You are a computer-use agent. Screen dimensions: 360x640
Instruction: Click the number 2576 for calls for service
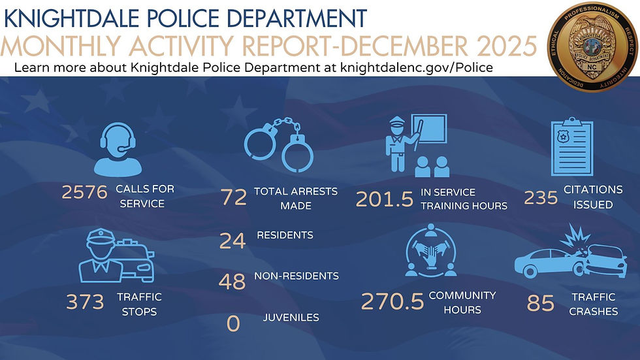coord(84,193)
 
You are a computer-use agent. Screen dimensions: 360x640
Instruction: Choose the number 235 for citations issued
coord(540,197)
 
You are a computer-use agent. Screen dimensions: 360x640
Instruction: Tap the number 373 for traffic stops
coord(85,302)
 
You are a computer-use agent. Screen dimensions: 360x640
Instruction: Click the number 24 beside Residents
coord(232,241)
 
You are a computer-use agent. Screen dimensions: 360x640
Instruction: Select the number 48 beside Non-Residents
coord(232,281)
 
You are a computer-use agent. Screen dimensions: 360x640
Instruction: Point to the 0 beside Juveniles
coord(234,323)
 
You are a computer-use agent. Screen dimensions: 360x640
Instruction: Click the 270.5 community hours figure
coord(391,303)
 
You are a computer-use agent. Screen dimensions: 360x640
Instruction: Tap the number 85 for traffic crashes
coord(541,304)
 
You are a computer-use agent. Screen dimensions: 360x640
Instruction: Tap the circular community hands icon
coord(430,252)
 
